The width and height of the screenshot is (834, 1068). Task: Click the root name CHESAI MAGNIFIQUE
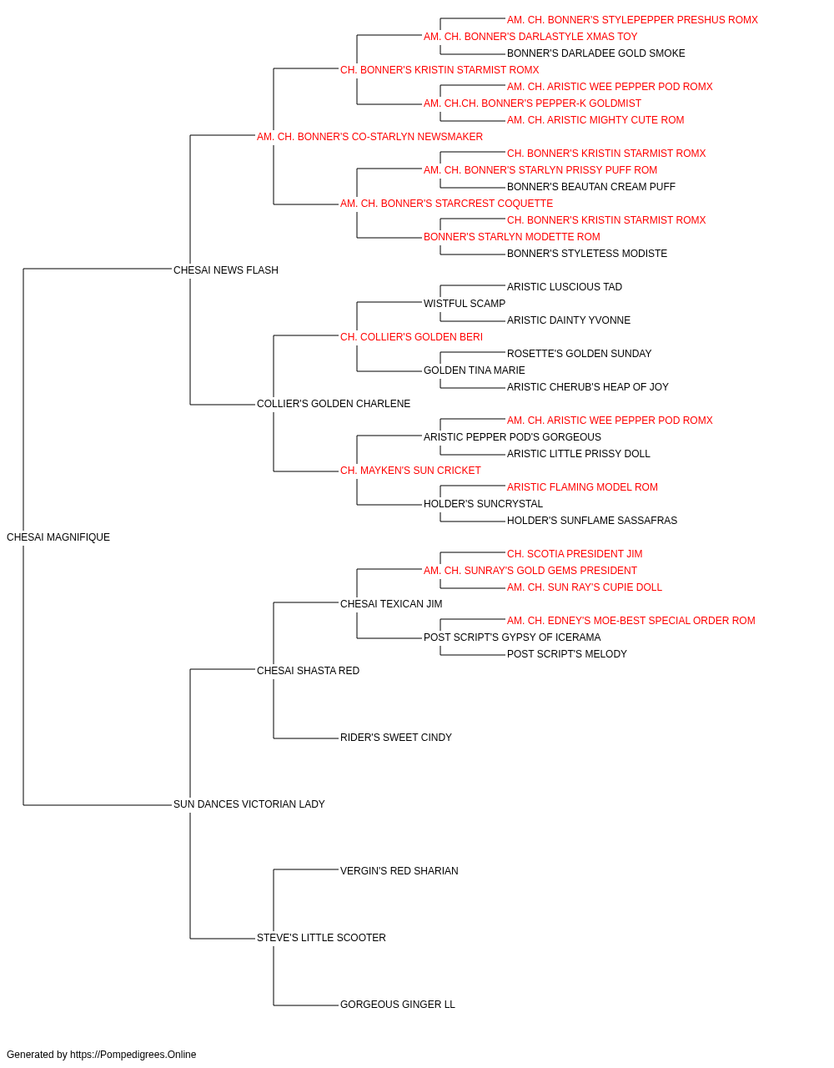[x=58, y=537]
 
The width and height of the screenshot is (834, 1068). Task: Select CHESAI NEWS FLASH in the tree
[x=225, y=270]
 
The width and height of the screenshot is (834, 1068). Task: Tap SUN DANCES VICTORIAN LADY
[x=249, y=804]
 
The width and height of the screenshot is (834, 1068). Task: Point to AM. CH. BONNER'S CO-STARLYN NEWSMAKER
[x=369, y=137]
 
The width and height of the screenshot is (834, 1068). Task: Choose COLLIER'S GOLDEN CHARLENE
[x=333, y=404]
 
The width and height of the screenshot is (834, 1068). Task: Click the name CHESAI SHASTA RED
[x=308, y=670]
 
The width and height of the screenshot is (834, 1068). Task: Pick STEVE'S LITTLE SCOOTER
[x=321, y=937]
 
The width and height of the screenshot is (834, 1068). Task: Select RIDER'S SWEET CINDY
[x=395, y=738]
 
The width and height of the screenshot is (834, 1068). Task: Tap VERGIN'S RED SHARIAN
[x=399, y=870]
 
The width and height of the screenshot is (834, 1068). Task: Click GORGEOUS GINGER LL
[x=397, y=1004]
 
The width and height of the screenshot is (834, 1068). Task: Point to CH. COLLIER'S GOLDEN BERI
[x=411, y=336]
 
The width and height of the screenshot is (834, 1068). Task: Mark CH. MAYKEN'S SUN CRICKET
[x=410, y=471]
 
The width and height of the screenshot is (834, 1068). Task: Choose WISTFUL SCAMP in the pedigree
[x=465, y=303]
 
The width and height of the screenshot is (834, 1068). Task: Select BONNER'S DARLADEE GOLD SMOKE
[x=595, y=53]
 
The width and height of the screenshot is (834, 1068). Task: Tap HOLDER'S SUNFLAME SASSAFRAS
[x=591, y=520]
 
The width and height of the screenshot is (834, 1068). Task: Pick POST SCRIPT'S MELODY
[x=566, y=653]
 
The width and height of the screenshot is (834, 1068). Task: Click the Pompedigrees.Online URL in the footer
[x=133, y=1055]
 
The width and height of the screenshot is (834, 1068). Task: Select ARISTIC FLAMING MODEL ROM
[x=581, y=486]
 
